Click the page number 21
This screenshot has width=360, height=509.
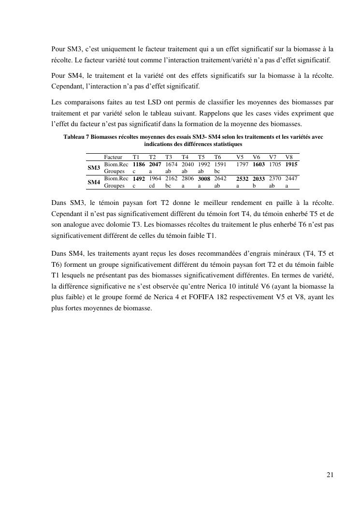(330, 475)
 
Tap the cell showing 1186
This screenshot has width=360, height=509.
(139, 164)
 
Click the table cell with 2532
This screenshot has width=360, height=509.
(242, 179)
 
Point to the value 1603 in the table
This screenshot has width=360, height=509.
(259, 164)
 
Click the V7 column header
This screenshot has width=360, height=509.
(273, 157)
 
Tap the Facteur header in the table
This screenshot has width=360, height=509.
(113, 157)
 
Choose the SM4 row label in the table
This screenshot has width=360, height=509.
(94, 182)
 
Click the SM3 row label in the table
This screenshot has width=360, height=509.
(94, 168)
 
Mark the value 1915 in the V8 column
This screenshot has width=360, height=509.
(291, 164)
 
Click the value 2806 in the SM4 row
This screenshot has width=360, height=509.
(187, 178)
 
